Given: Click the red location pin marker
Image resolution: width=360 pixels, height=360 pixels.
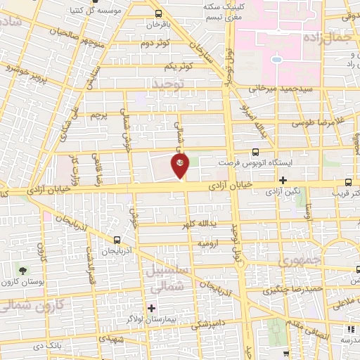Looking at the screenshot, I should tap(181, 166).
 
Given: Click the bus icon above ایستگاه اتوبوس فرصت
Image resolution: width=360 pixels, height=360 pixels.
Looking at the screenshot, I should tap(255, 150).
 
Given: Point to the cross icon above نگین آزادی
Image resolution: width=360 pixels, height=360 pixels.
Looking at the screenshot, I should tap(283, 179).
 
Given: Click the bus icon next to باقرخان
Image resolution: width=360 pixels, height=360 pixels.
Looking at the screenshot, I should tap(159, 13).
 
